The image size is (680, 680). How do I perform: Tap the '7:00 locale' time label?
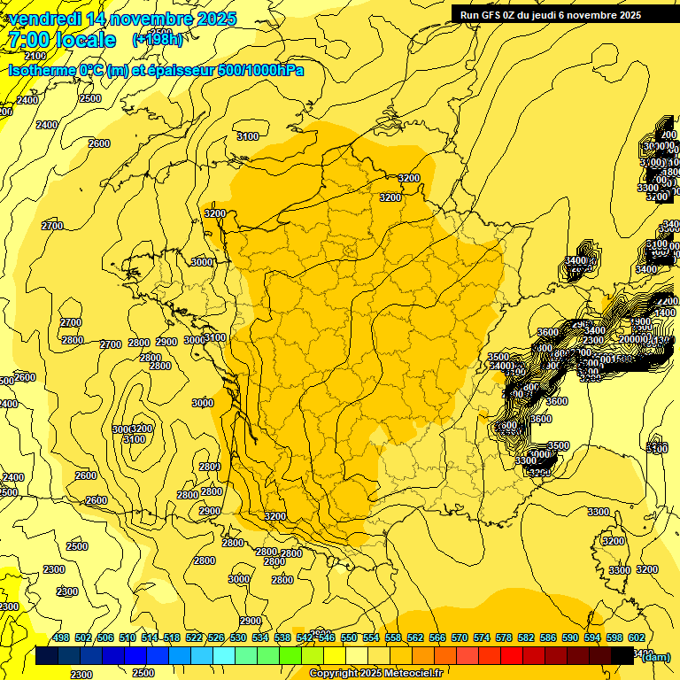click(61, 40)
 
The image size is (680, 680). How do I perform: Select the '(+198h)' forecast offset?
click(158, 40)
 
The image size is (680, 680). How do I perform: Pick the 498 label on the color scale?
click(61, 637)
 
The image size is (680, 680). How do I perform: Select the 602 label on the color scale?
click(636, 637)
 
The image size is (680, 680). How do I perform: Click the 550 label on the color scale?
click(348, 637)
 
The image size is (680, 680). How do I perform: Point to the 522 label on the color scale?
click(194, 637)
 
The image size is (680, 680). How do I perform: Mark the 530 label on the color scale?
click(238, 637)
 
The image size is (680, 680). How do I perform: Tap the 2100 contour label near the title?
click(35, 56)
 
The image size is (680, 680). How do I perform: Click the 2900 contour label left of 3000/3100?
click(166, 342)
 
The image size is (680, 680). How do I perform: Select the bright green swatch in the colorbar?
click(290, 656)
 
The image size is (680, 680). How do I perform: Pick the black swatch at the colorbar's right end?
click(622, 656)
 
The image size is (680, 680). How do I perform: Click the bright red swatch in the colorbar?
click(512, 656)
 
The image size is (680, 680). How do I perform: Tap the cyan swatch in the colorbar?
click(224, 656)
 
